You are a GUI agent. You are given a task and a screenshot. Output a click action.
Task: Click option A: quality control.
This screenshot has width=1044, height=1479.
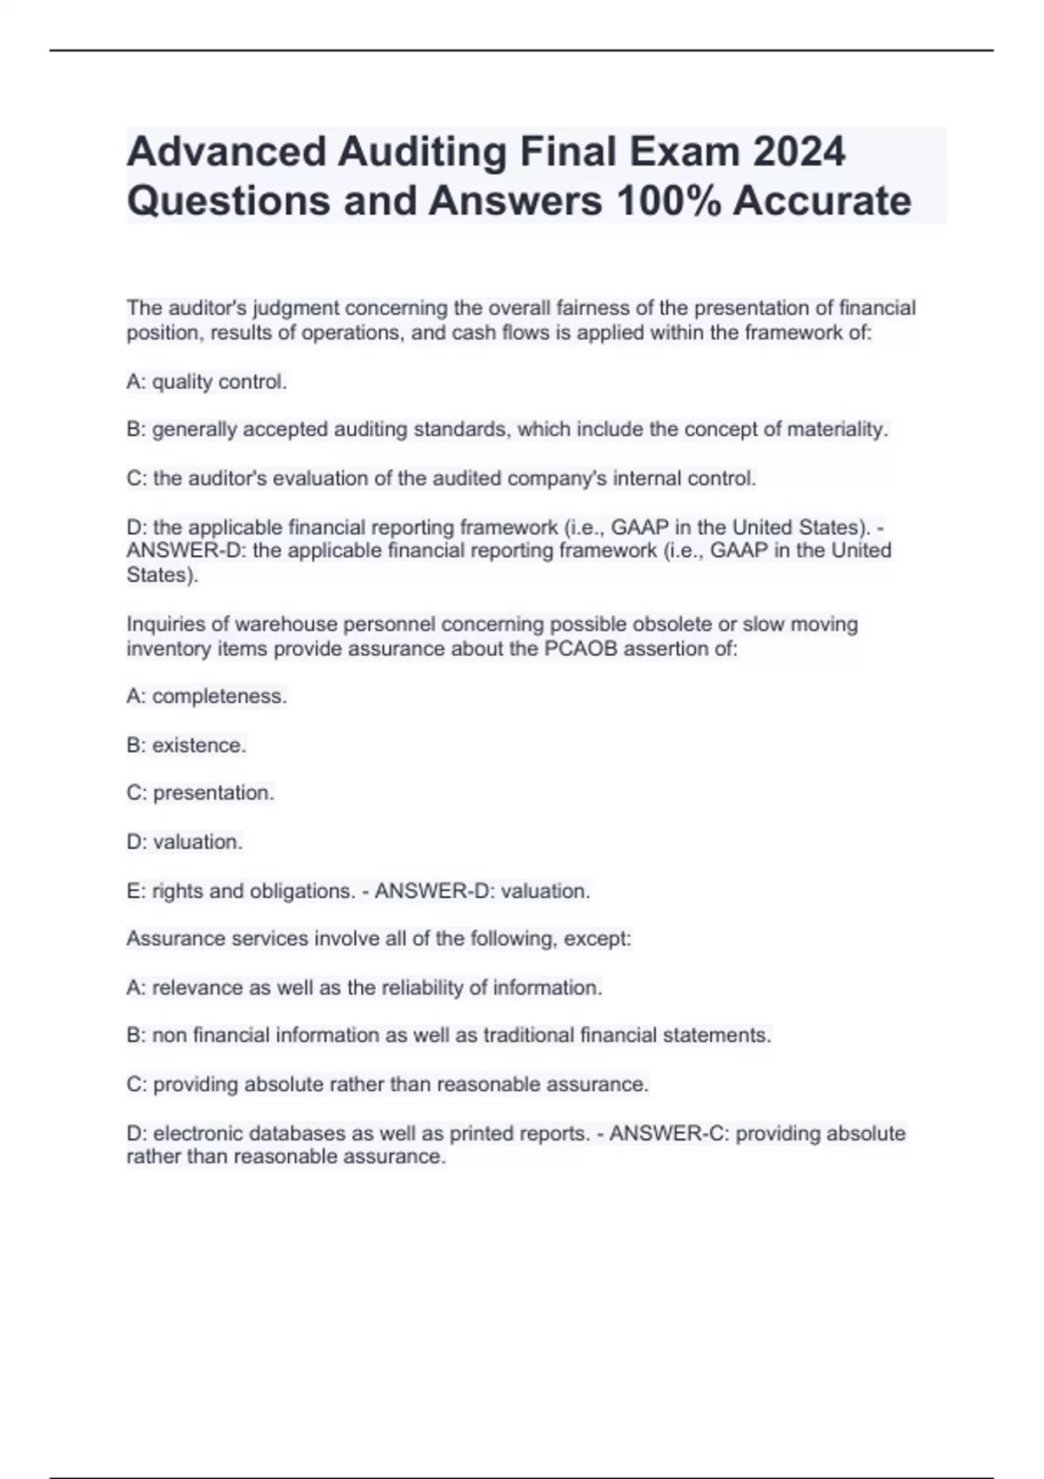tap(206, 382)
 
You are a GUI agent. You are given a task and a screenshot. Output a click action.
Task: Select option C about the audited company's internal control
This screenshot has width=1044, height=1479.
tap(441, 478)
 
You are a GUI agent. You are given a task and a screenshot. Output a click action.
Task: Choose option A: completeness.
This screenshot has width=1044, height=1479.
tap(206, 697)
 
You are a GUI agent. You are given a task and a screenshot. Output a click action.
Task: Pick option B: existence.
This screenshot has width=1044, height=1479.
tap(186, 746)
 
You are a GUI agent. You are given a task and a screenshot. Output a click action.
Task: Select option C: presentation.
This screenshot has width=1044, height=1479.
tap(200, 793)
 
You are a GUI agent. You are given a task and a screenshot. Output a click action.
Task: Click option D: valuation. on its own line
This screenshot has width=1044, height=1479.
tap(184, 842)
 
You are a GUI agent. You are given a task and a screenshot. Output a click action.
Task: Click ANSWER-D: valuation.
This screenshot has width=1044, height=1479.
tap(483, 892)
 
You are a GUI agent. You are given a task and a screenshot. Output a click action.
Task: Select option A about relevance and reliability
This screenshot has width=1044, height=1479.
tap(364, 988)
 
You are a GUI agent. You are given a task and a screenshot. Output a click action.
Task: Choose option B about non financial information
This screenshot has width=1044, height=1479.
tap(448, 1035)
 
